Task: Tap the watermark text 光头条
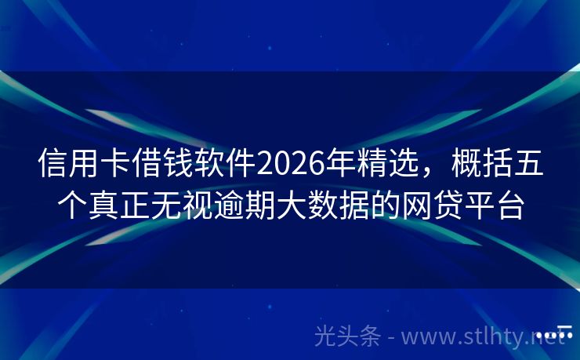point(346,336)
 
